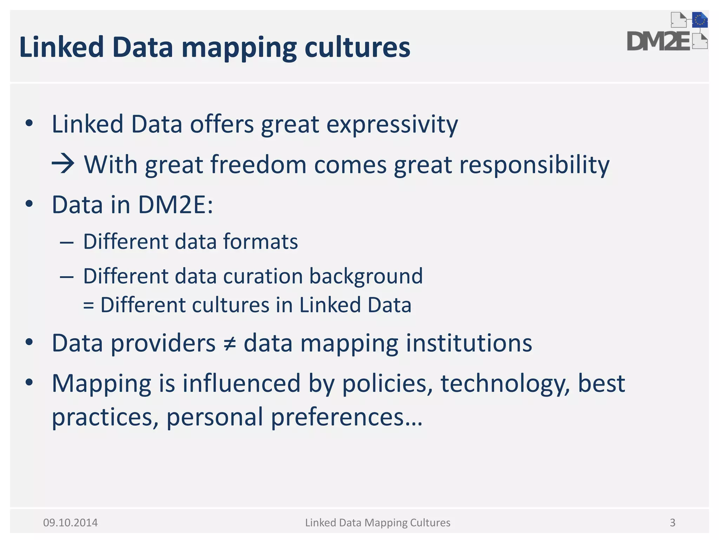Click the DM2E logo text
click(x=659, y=41)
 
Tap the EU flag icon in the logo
click(x=700, y=20)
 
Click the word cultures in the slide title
click(x=357, y=47)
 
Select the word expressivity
click(x=392, y=125)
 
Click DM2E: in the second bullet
click(x=176, y=205)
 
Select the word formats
click(x=260, y=242)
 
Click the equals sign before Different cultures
click(x=88, y=306)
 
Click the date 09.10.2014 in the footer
click(x=70, y=523)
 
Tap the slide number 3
click(x=672, y=523)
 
